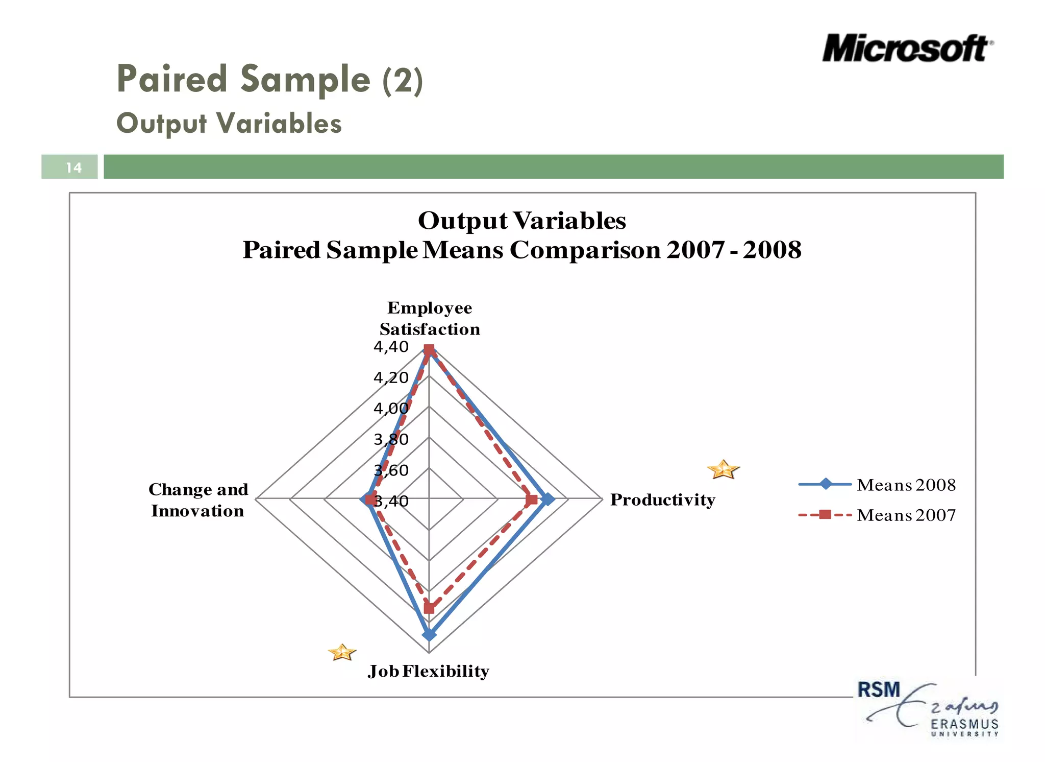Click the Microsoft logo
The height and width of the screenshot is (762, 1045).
tap(907, 49)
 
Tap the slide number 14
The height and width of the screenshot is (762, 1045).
tap(73, 168)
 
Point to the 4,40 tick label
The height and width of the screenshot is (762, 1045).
tap(391, 347)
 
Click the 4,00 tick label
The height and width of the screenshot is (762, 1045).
tap(391, 409)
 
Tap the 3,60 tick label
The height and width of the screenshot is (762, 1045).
tap(391, 470)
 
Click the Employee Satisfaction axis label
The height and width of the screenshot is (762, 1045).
tap(430, 318)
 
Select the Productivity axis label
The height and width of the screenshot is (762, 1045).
tap(662, 499)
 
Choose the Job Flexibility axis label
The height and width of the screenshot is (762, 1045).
tap(429, 671)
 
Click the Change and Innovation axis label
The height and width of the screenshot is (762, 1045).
tap(198, 500)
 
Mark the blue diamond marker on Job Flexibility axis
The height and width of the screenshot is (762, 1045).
tap(429, 635)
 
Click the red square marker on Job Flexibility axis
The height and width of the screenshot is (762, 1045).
tap(429, 609)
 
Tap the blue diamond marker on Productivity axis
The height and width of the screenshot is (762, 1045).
tap(548, 499)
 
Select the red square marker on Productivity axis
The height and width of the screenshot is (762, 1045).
tap(532, 499)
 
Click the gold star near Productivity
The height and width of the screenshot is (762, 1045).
tap(723, 469)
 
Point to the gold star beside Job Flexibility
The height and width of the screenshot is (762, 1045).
tap(342, 652)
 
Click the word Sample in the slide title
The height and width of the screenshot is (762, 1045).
tap(305, 80)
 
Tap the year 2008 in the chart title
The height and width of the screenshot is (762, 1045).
tap(772, 250)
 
